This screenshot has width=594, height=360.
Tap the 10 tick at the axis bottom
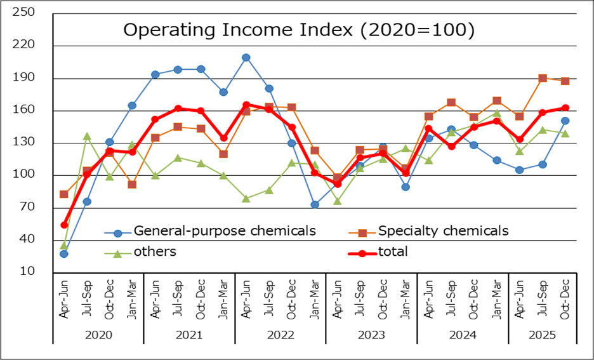(27, 272)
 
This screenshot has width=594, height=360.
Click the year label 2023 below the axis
(371, 333)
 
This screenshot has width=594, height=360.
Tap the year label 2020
(98, 333)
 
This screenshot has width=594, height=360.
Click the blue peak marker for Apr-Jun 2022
(246, 58)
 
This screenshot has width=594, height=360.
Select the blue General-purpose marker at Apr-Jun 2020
(64, 254)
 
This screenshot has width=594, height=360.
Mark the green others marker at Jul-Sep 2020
(87, 136)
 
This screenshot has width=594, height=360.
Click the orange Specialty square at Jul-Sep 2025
(543, 79)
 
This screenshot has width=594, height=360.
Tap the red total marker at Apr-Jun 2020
(64, 225)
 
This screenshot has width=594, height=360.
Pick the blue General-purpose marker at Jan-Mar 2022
(315, 204)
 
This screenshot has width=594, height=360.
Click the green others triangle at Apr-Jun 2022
(246, 199)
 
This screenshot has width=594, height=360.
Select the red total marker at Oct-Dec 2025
(565, 108)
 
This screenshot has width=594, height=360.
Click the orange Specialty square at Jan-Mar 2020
(132, 185)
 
